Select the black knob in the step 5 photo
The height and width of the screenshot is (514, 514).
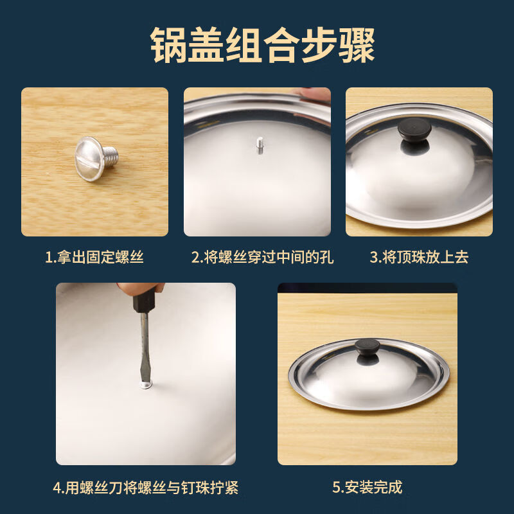click(x=366, y=350)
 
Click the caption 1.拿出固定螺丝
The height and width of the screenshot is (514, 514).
click(x=94, y=258)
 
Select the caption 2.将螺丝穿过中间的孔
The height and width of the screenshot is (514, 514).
click(x=263, y=258)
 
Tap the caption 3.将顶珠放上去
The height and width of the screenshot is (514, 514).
click(x=419, y=258)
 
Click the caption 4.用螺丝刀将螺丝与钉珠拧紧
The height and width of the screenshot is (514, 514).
click(x=145, y=487)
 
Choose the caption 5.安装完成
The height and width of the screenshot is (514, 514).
click(x=367, y=487)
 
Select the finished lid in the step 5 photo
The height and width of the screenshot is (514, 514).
click(x=367, y=376)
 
